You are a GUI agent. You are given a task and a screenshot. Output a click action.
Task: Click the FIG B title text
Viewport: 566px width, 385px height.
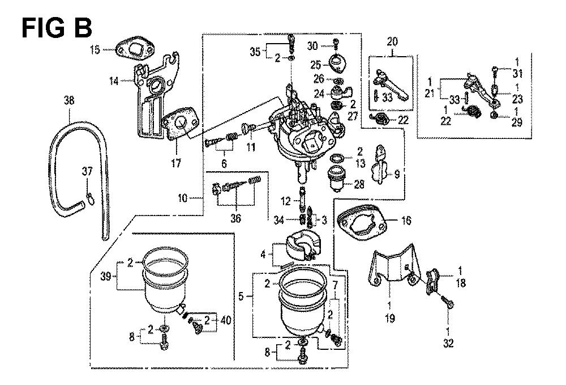57,27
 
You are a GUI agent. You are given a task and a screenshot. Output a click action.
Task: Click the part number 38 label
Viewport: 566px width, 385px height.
69,101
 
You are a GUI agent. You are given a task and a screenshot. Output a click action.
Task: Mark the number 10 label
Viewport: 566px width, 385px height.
182,198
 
